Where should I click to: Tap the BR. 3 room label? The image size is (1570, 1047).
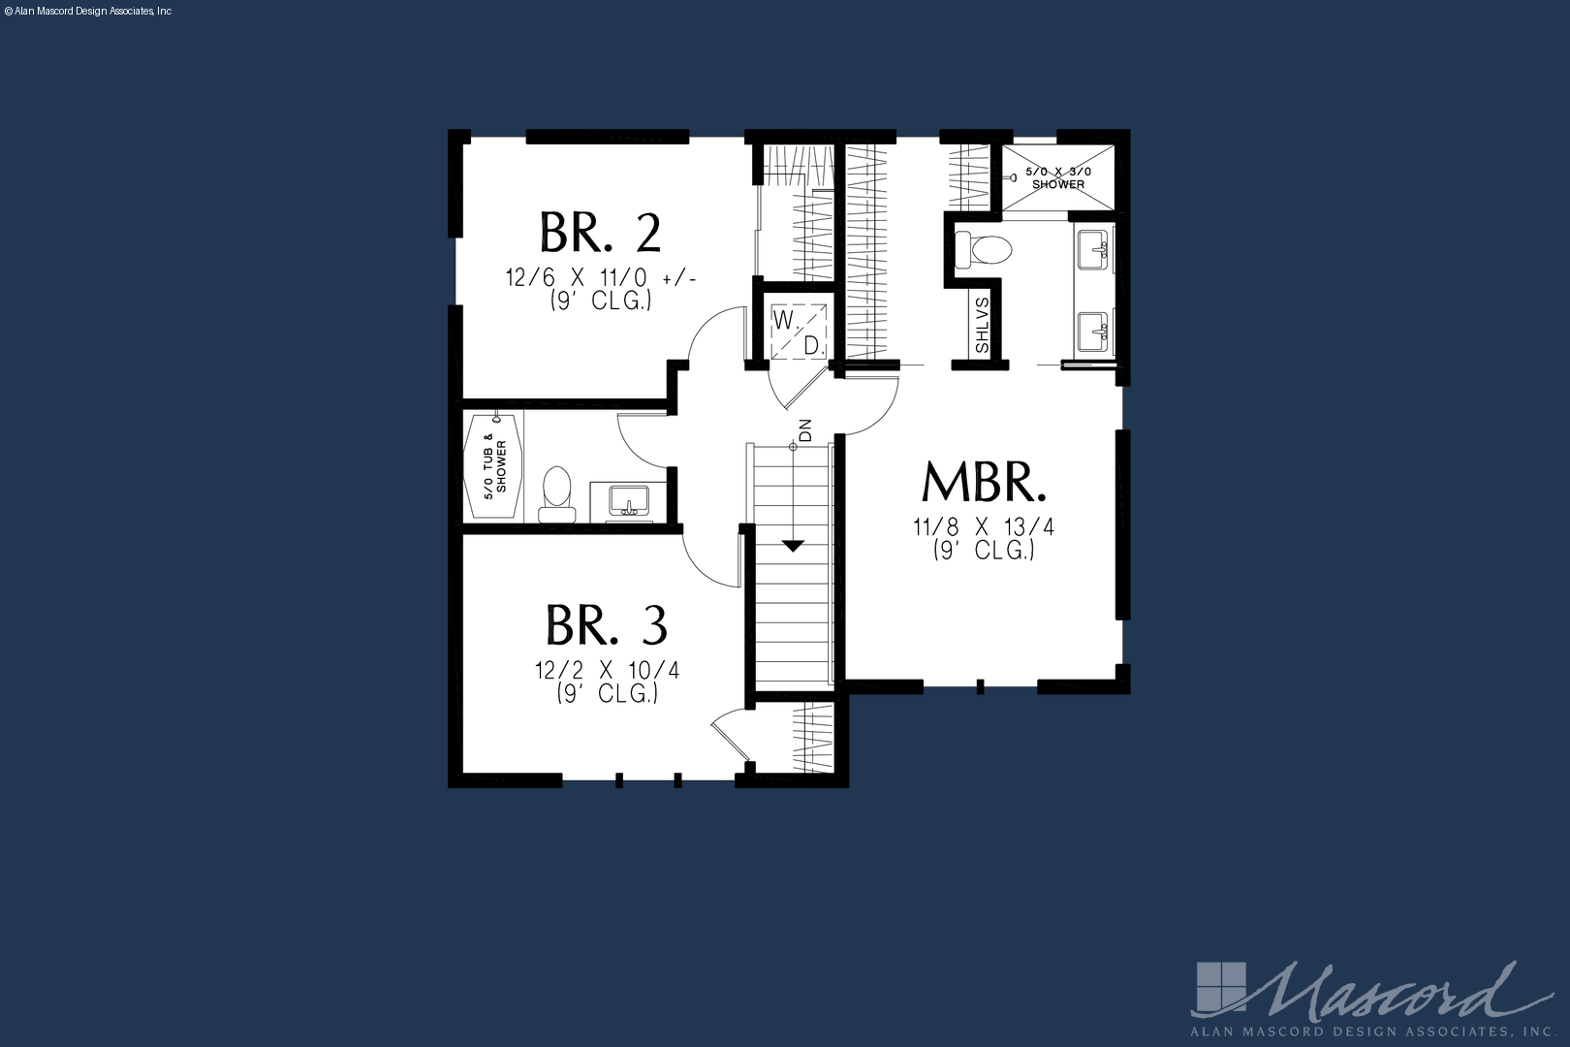[x=607, y=625]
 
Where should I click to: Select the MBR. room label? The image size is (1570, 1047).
[x=984, y=482]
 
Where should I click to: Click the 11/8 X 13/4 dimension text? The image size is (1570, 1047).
[x=984, y=526]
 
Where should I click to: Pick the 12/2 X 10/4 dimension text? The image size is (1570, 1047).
[x=607, y=671]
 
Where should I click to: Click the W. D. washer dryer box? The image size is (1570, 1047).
[x=799, y=333]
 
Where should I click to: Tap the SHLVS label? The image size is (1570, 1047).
[x=982, y=326]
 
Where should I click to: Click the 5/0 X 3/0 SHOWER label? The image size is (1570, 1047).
[x=1058, y=177]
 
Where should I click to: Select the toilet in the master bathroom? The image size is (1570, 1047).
[x=984, y=249]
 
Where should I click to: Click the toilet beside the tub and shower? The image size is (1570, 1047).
[x=557, y=494]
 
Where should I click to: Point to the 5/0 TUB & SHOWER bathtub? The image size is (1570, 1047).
[x=493, y=466]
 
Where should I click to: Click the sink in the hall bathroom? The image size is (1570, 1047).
[x=629, y=500]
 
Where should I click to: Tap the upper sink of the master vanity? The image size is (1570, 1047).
[x=1092, y=249]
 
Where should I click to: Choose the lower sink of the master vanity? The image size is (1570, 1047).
[x=1092, y=332]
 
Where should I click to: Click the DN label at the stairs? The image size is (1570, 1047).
[x=805, y=429]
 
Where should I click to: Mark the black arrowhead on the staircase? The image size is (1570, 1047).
[x=793, y=546]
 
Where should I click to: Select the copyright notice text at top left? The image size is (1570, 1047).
[x=88, y=12]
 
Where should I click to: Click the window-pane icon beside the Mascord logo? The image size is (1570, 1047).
[x=1221, y=988]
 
